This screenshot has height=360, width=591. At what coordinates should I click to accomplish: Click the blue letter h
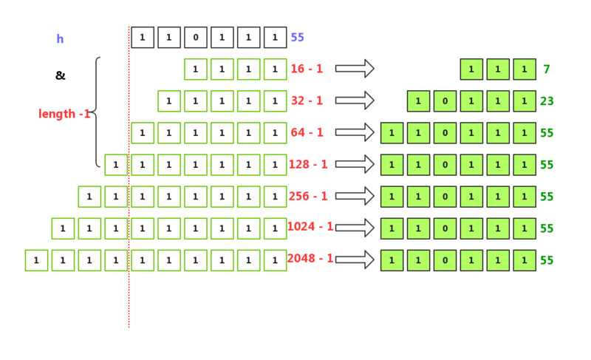click(x=60, y=39)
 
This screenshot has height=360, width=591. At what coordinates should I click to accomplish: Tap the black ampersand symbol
click(x=60, y=75)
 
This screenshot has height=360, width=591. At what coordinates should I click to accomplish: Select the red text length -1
click(x=64, y=114)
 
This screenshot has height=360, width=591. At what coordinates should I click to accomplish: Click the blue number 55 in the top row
click(x=297, y=38)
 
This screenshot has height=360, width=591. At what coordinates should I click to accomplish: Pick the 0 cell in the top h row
click(x=195, y=38)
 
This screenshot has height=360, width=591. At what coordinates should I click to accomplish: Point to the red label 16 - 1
click(x=307, y=69)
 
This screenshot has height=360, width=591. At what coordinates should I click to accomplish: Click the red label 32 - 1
click(x=307, y=101)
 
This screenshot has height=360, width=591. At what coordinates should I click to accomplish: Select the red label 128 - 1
click(x=309, y=164)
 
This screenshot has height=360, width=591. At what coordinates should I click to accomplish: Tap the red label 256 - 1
click(x=309, y=196)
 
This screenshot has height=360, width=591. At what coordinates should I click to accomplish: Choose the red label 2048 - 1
click(x=310, y=259)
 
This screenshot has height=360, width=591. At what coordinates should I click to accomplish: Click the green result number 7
click(x=547, y=69)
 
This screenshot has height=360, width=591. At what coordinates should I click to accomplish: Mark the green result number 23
click(x=547, y=101)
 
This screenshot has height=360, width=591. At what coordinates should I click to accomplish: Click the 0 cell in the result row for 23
click(x=445, y=101)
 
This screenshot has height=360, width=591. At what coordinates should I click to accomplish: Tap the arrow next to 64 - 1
click(x=355, y=132)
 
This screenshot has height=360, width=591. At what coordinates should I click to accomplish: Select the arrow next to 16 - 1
click(x=355, y=69)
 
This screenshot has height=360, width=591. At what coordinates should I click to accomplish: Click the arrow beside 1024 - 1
click(x=355, y=228)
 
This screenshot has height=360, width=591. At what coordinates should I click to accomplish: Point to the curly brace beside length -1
click(x=96, y=112)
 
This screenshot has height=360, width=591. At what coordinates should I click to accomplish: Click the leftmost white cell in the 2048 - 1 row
click(x=36, y=260)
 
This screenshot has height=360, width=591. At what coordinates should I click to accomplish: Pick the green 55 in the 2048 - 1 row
click(x=547, y=260)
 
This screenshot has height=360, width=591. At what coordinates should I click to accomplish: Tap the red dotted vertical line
click(x=129, y=296)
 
